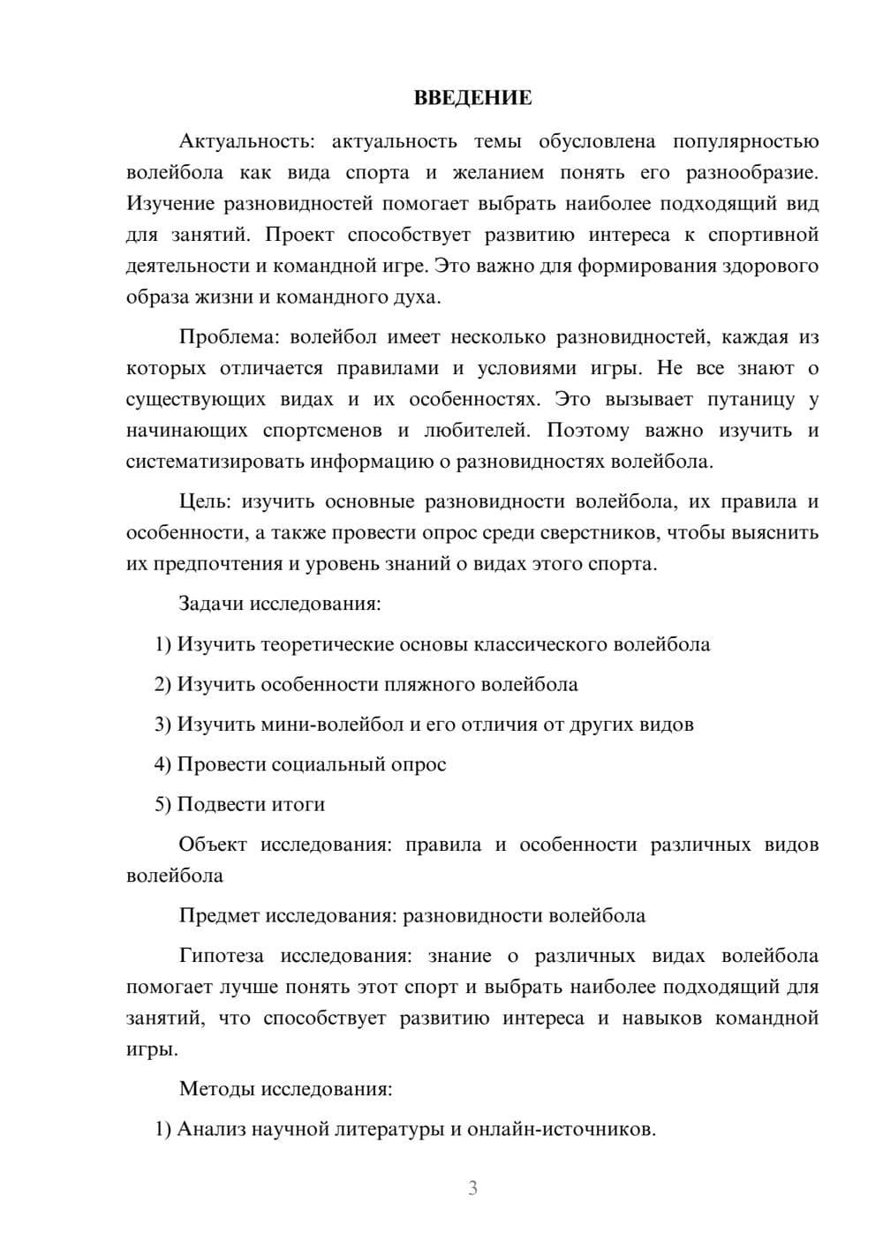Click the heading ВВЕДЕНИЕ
pyautogui.click(x=472, y=98)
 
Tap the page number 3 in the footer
pyautogui.click(x=472, y=1188)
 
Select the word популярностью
pyautogui.click(x=745, y=142)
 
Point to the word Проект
pyautogui.click(x=298, y=235)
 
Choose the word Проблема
pyautogui.click(x=229, y=337)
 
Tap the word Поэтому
pyautogui.click(x=588, y=431)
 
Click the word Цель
pyautogui.click(x=204, y=502)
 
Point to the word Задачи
pyautogui.click(x=211, y=605)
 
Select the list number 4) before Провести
pyautogui.click(x=162, y=764)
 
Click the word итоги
pyautogui.click(x=298, y=804)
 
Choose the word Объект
pyautogui.click(x=213, y=845)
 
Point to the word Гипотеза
pyautogui.click(x=223, y=956)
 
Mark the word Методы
pyautogui.click(x=216, y=1089)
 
